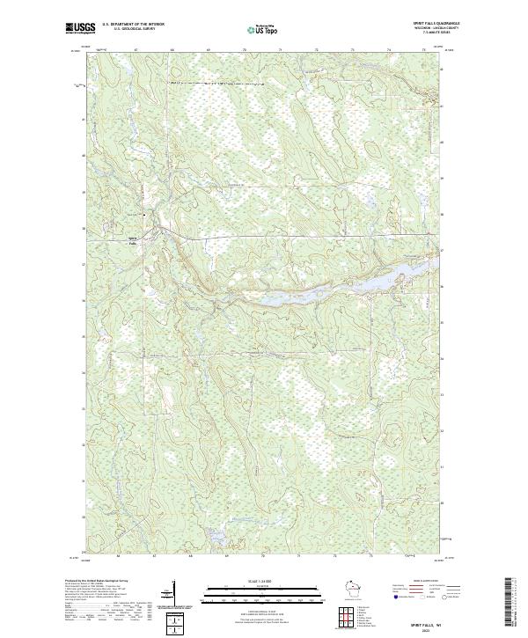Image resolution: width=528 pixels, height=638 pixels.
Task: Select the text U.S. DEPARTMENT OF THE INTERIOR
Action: pos(133,24)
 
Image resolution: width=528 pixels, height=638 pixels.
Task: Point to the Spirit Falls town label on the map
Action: pos(133,240)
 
